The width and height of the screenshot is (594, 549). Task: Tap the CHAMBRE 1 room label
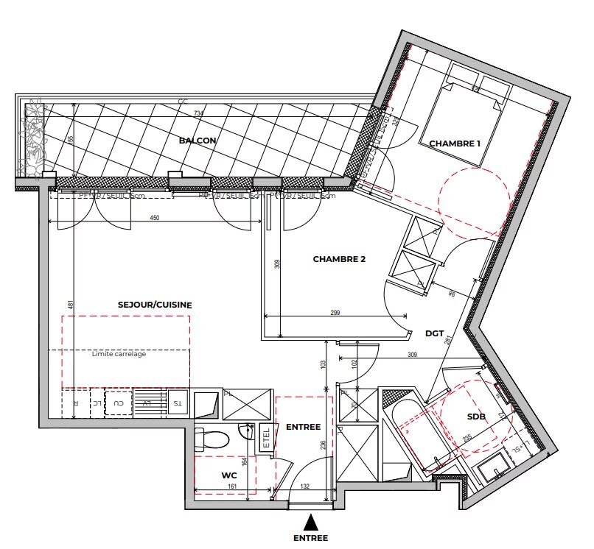pos(455,144)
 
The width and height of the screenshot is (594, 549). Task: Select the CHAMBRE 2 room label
pos(339,259)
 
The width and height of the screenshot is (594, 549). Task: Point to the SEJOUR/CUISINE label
pos(155,305)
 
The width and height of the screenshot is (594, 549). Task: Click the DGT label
pos(435,333)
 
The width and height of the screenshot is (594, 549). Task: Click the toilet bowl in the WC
pos(212,439)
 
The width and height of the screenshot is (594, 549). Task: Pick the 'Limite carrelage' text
pos(119,355)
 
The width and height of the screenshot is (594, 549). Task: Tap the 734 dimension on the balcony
pos(198,113)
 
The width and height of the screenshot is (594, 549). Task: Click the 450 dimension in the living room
pos(155,218)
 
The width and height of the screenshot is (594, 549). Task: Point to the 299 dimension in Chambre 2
pos(335,313)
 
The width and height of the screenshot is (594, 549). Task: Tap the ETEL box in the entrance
pos(266,439)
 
